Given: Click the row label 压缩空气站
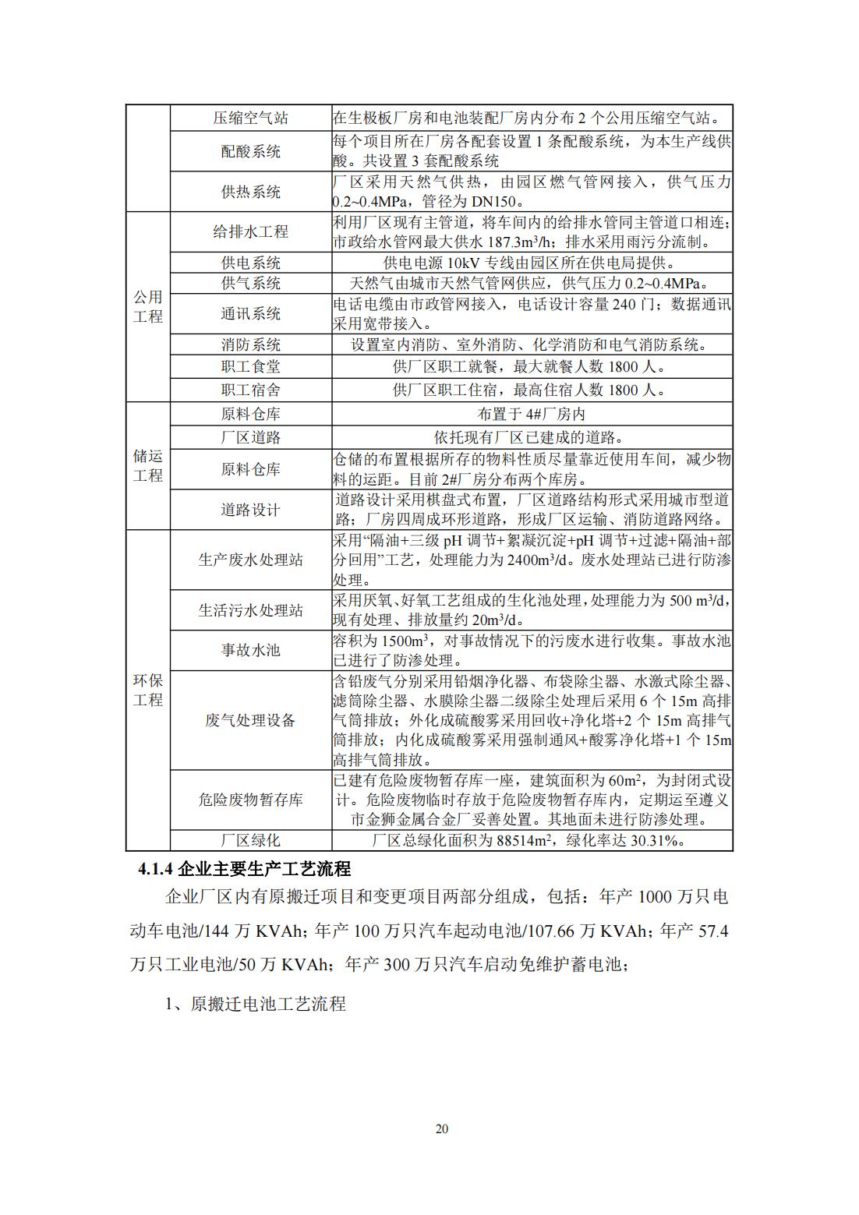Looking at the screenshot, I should [250, 118].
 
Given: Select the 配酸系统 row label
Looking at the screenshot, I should [250, 151].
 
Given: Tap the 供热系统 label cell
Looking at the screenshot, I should [250, 192].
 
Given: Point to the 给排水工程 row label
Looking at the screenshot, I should [250, 231].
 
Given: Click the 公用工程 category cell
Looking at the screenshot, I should [147, 306].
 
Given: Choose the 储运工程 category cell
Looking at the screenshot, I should [147, 465].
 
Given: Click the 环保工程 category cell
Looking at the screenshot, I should [147, 690].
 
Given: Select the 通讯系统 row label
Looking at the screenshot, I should [250, 313].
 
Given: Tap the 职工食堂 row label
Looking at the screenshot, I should [250, 366].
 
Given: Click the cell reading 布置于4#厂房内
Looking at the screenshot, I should [531, 415].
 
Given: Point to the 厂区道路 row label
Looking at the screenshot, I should [250, 438].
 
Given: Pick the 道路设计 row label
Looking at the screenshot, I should [250, 510].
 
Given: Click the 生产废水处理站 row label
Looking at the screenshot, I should [250, 560].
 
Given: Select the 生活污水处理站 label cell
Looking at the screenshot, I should [250, 610].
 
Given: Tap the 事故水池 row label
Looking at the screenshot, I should [250, 650].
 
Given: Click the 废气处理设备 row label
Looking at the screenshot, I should [250, 720].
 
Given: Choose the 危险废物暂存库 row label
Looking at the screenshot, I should [250, 800].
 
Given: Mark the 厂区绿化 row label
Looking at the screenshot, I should [250, 840].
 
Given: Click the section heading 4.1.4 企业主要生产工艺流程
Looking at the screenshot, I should [244, 868].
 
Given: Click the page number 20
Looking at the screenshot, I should [442, 1128].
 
